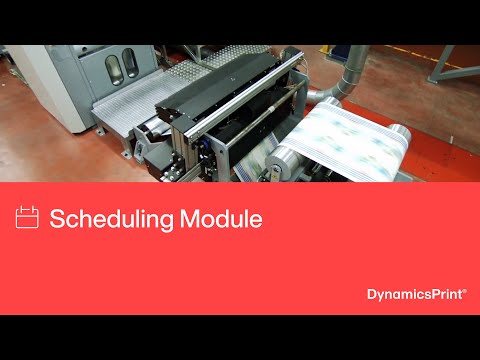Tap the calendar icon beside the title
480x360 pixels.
click(x=28, y=217)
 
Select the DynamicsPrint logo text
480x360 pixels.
click(x=416, y=294)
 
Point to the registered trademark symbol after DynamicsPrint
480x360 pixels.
click(x=465, y=290)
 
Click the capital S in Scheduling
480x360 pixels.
click(x=57, y=219)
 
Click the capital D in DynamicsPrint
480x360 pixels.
click(x=372, y=294)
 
